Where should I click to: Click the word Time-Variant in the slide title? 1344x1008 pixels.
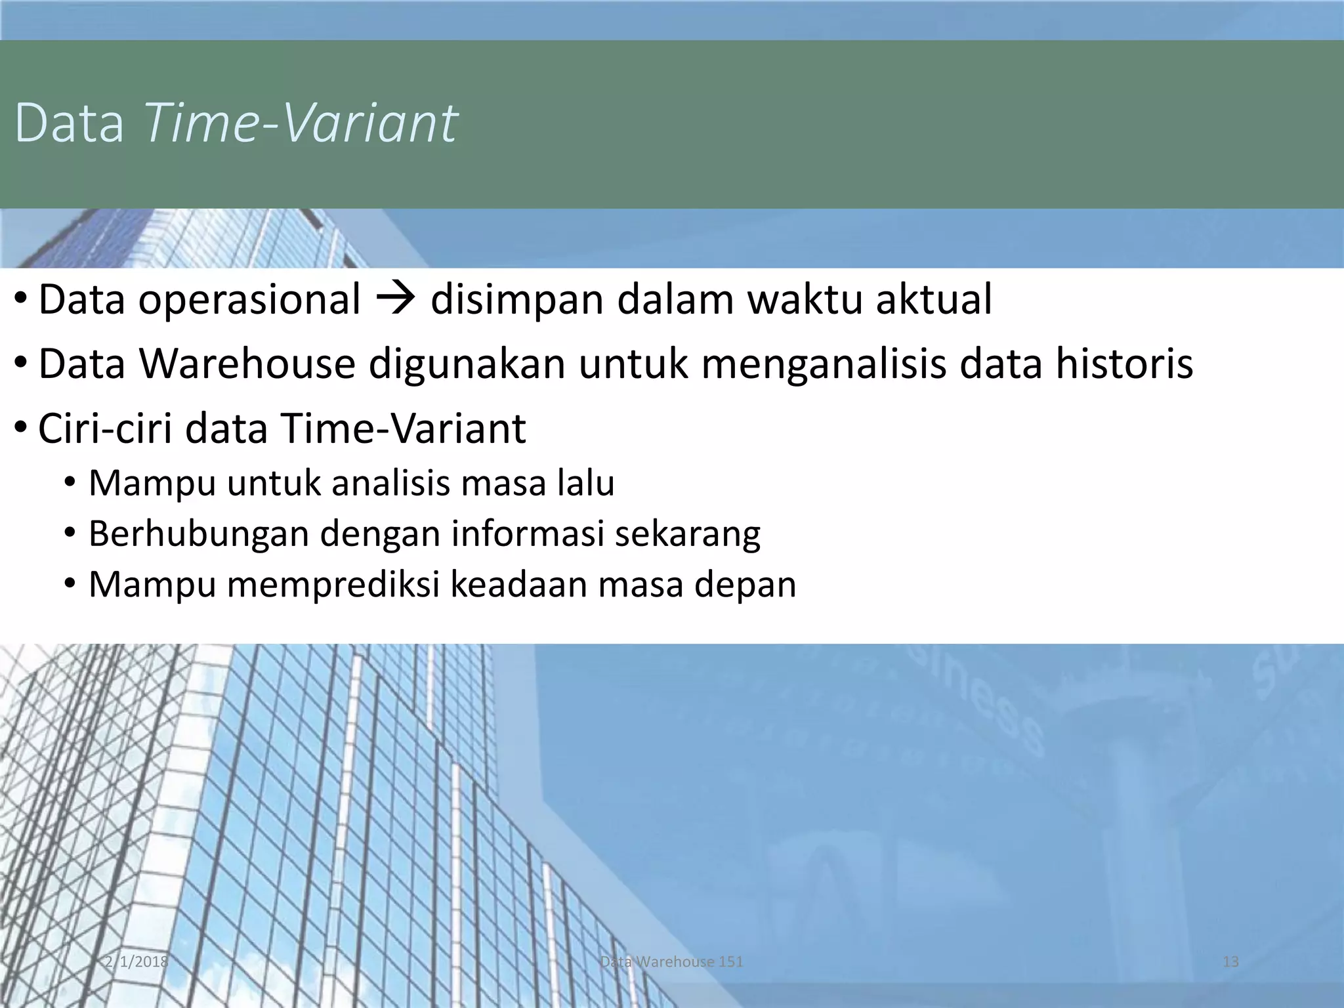[301, 123]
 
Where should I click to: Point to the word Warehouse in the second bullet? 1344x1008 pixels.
[247, 364]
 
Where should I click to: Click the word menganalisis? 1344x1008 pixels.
[824, 365]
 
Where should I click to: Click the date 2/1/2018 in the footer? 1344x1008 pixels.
[136, 961]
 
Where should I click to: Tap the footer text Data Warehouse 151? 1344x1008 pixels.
[671, 961]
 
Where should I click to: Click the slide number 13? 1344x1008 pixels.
[1230, 961]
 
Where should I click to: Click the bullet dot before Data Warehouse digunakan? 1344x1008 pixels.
[21, 363]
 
